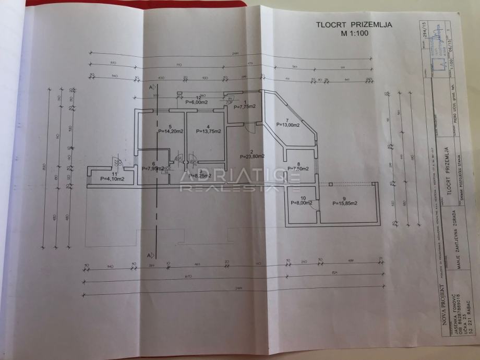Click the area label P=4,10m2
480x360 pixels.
[x=112, y=179]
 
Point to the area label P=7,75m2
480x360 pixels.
[x=244, y=106]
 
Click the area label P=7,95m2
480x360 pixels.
[x=153, y=169]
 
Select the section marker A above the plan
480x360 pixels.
[x=150, y=87]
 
